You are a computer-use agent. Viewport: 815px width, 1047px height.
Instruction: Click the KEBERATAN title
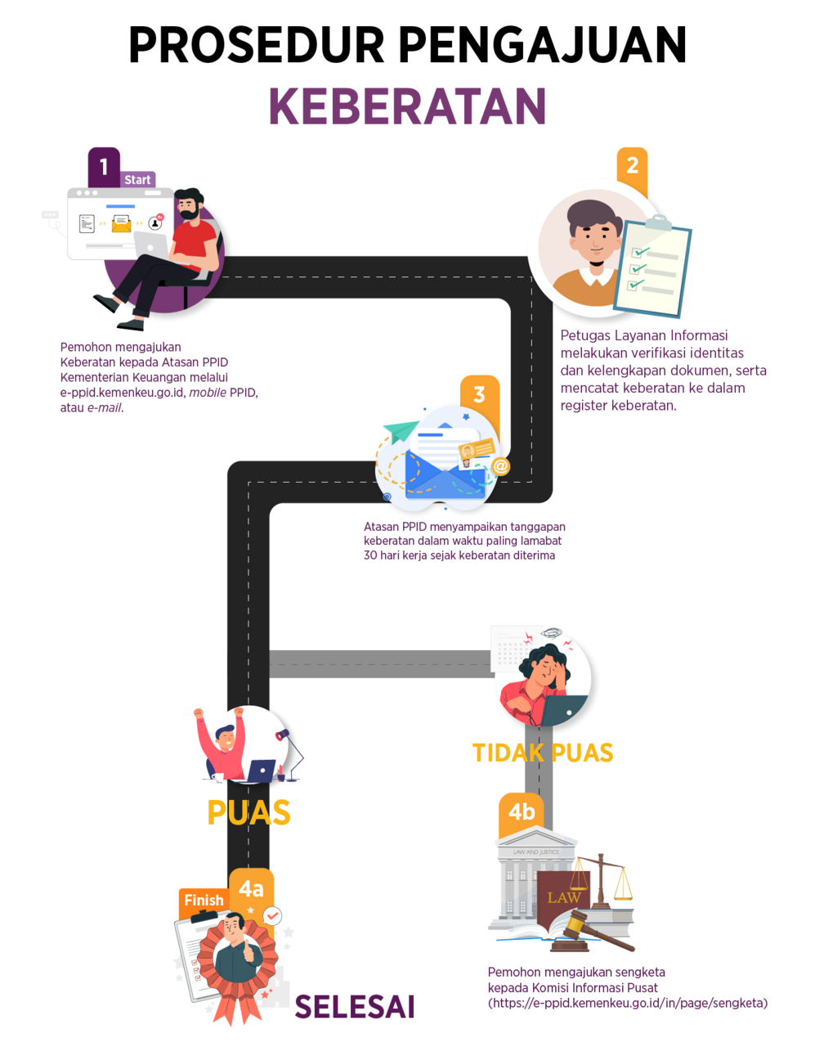coord(407,106)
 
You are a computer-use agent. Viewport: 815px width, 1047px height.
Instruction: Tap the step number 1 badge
coord(104,167)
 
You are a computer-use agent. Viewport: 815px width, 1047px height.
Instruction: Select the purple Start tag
coord(137,180)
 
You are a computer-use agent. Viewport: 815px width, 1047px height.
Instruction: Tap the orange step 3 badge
coord(479,394)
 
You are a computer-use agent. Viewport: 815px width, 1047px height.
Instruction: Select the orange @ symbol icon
coord(499,466)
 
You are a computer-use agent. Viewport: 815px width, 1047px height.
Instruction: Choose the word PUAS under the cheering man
coord(249,812)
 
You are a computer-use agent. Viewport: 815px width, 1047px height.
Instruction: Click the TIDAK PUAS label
coord(542,753)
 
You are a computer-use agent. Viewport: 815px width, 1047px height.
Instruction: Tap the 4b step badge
coord(522,811)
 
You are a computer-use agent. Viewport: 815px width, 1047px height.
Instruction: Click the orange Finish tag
coord(204,900)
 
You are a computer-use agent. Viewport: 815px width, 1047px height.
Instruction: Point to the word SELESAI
coord(355,1007)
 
